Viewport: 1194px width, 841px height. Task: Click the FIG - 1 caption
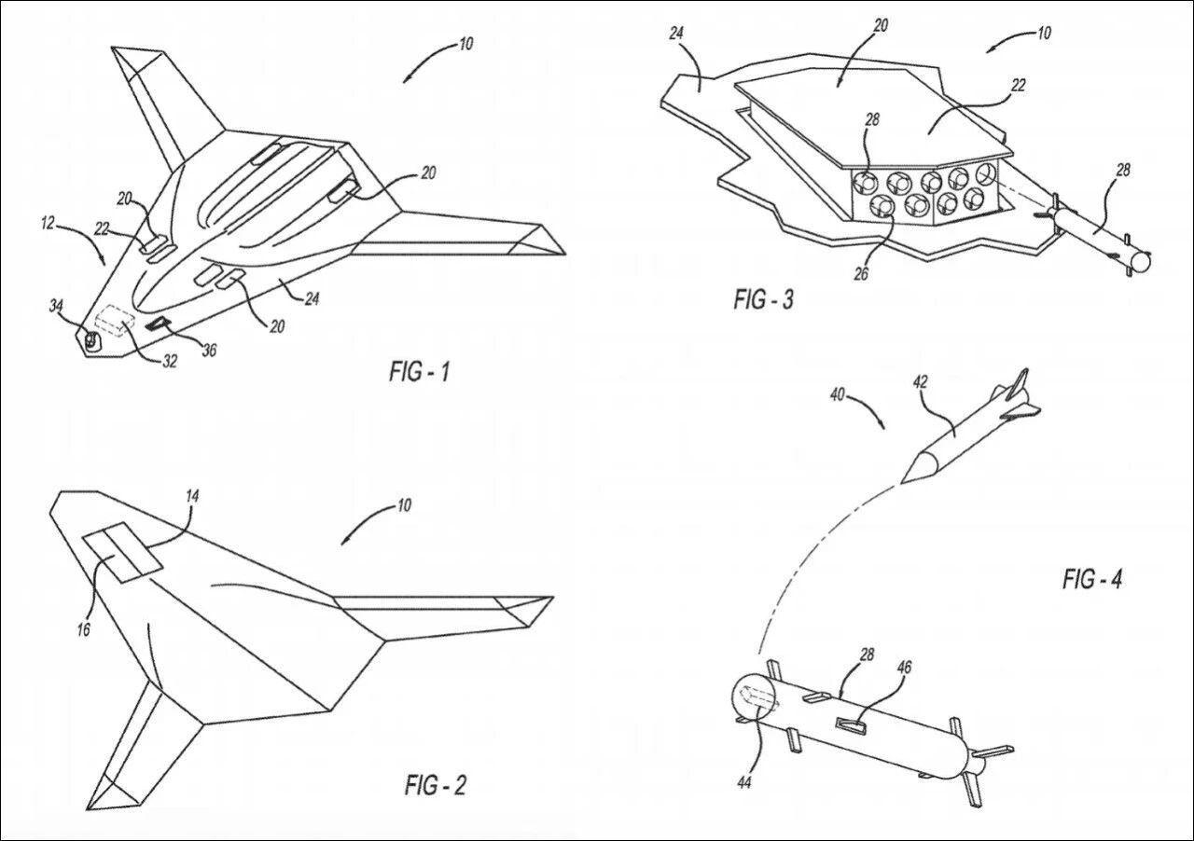(x=420, y=371)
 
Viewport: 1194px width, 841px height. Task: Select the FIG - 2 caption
(x=436, y=785)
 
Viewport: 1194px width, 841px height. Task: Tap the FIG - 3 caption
(x=763, y=299)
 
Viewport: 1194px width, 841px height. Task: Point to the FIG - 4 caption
(x=1092, y=578)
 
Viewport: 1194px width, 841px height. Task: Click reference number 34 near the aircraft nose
(x=56, y=306)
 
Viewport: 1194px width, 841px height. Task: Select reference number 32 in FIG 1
(x=170, y=362)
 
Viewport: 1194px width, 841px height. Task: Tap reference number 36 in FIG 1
(x=209, y=350)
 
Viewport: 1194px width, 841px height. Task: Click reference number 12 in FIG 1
(x=48, y=223)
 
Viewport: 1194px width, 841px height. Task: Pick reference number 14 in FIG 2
(x=192, y=496)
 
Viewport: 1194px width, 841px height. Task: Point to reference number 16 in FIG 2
(x=83, y=629)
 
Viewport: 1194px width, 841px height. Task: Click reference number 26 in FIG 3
(x=861, y=273)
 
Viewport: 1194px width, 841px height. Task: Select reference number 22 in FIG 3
(x=1018, y=85)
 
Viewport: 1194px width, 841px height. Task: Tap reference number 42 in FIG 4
(x=920, y=382)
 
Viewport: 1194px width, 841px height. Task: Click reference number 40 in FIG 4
(x=838, y=395)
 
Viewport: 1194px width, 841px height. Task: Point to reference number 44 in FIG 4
(x=744, y=782)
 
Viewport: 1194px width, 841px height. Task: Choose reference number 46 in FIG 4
(x=904, y=668)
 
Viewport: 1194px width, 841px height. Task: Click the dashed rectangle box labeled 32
(x=114, y=321)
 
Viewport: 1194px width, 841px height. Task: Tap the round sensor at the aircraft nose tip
(x=92, y=340)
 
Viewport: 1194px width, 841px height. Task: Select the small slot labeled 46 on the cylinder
(x=850, y=724)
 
